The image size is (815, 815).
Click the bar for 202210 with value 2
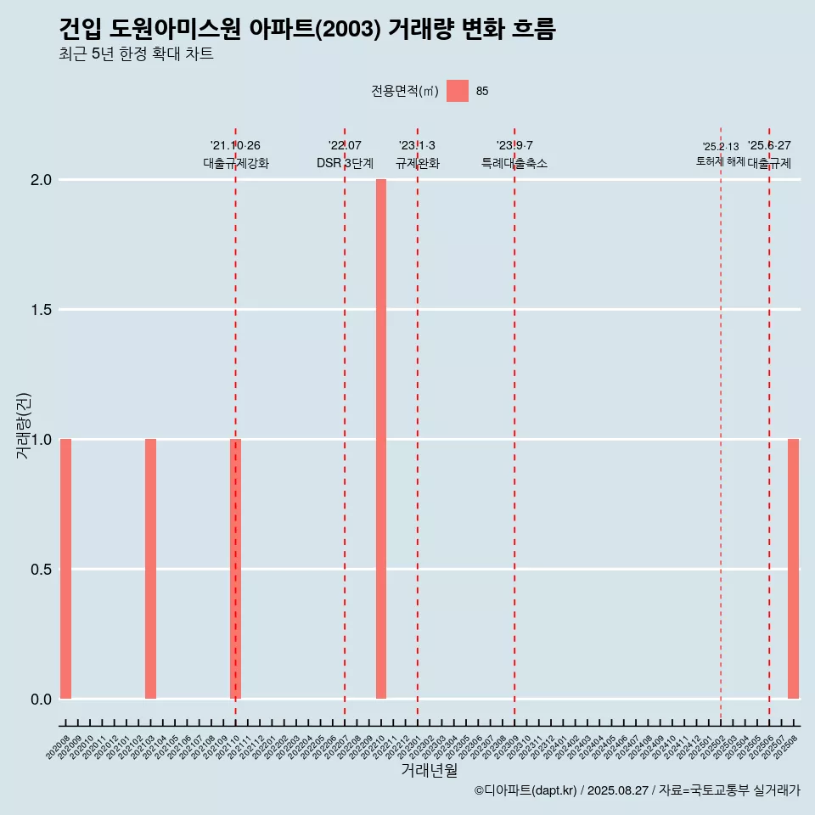tap(381, 439)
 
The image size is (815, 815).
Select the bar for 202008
tap(65, 569)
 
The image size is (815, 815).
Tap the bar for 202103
tap(150, 569)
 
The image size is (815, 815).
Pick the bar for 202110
tap(236, 569)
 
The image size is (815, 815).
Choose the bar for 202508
tap(793, 569)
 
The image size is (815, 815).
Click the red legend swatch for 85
tap(458, 91)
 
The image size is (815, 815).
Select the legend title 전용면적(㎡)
tap(405, 91)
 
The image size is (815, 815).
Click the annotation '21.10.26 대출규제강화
tap(236, 155)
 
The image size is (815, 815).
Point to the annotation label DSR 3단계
tap(345, 163)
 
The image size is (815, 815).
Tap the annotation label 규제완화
tap(418, 163)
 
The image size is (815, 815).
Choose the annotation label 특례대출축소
tap(514, 163)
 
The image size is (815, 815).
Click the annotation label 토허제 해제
tap(721, 161)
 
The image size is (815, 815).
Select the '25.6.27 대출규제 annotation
tap(769, 155)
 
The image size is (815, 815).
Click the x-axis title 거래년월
tap(429, 771)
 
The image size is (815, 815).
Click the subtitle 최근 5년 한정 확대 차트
tap(136, 54)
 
